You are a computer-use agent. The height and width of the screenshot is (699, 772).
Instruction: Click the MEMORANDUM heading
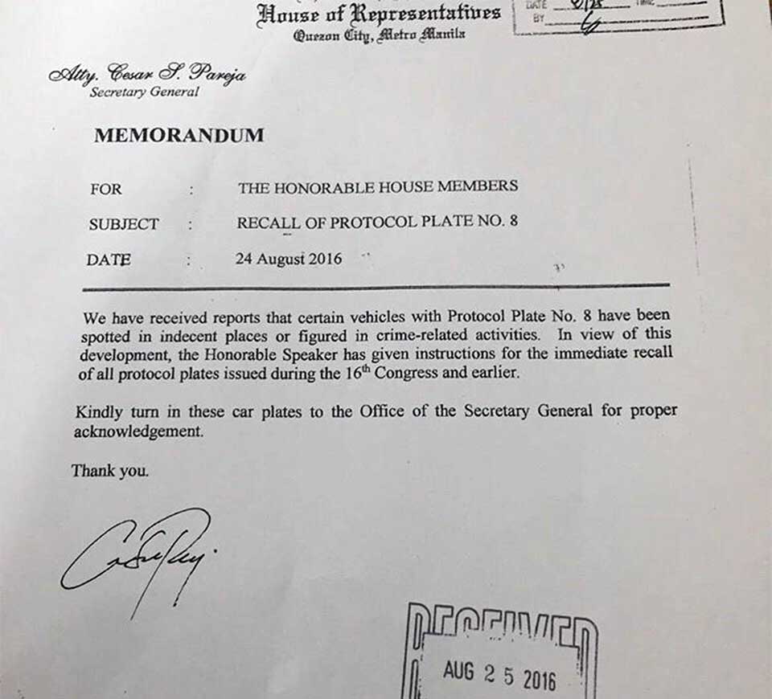(179, 136)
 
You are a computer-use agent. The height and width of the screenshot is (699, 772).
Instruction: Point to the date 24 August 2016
(288, 259)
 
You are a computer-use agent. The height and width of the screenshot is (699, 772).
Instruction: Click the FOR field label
(106, 190)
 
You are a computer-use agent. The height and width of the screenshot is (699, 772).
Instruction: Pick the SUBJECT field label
(124, 225)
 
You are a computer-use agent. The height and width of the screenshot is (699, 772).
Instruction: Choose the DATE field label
(108, 260)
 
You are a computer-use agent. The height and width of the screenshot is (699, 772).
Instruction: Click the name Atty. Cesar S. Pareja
(147, 76)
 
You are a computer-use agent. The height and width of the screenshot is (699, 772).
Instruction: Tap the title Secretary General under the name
(144, 92)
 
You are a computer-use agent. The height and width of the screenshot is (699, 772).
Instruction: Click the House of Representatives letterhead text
(379, 14)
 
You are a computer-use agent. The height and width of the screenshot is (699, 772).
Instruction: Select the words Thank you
(110, 471)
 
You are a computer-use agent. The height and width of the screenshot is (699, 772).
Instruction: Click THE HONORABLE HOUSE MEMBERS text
(377, 187)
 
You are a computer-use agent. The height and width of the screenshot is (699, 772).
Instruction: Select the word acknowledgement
(137, 431)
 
